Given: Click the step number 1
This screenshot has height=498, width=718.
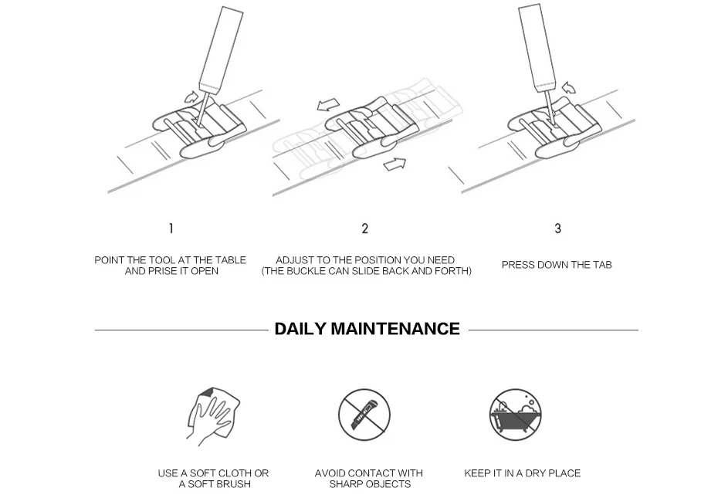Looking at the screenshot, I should (x=171, y=229).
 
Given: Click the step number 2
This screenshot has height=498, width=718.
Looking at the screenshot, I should (x=365, y=229).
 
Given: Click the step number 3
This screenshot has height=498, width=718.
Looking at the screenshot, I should (x=557, y=229).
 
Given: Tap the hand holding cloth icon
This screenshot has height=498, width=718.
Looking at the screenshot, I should (x=213, y=417).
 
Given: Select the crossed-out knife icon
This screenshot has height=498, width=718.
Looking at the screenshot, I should (x=364, y=415).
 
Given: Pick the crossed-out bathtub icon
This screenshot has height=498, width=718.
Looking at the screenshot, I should (x=516, y=415).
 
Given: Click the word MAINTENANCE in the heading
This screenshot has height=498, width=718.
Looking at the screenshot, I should (x=395, y=329).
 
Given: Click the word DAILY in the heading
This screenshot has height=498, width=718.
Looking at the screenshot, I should (x=300, y=329).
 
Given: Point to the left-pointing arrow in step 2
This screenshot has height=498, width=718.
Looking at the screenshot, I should (x=328, y=105).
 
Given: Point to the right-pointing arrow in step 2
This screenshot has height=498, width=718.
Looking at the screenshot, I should (x=395, y=163).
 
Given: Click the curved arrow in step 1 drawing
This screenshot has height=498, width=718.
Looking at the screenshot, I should (x=190, y=97).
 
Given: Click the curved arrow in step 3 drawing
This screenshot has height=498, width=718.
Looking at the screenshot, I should (x=568, y=88).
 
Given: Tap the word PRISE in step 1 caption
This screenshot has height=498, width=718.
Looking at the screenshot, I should (x=164, y=271).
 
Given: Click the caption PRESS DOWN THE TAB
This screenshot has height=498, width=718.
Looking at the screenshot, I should (x=556, y=265).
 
